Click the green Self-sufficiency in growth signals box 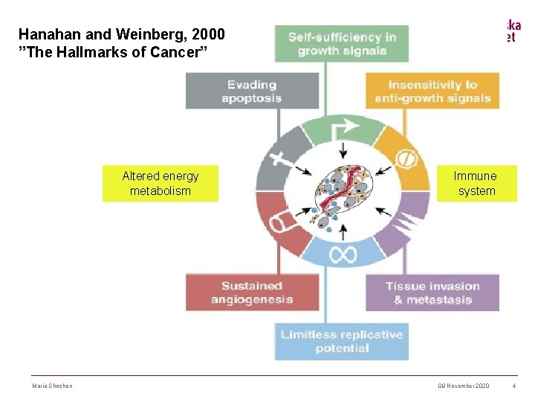[342, 44]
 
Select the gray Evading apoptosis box [252, 91]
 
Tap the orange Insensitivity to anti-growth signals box [432, 91]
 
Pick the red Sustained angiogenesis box [252, 293]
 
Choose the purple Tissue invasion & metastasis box [432, 293]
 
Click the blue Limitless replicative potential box [342, 342]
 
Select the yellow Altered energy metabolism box [160, 183]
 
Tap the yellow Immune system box [476, 183]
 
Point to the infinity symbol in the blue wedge [343, 255]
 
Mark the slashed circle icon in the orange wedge [406, 159]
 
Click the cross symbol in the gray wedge [280, 159]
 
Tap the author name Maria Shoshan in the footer [53, 385]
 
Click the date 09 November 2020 [464, 385]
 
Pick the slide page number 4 [514, 385]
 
